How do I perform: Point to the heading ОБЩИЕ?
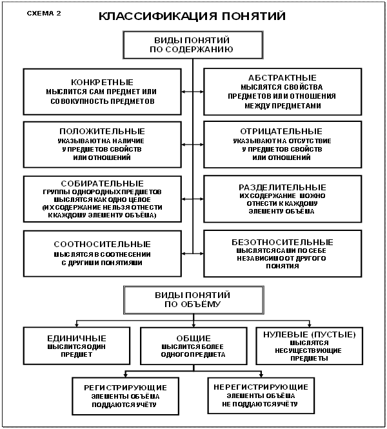[x=193, y=338]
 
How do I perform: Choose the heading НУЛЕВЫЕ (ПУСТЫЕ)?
[x=306, y=334]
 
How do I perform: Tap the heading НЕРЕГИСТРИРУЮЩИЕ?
[x=258, y=386]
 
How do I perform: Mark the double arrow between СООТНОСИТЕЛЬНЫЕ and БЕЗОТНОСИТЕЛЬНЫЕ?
[x=193, y=252]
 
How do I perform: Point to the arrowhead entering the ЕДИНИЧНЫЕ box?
[x=77, y=325]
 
